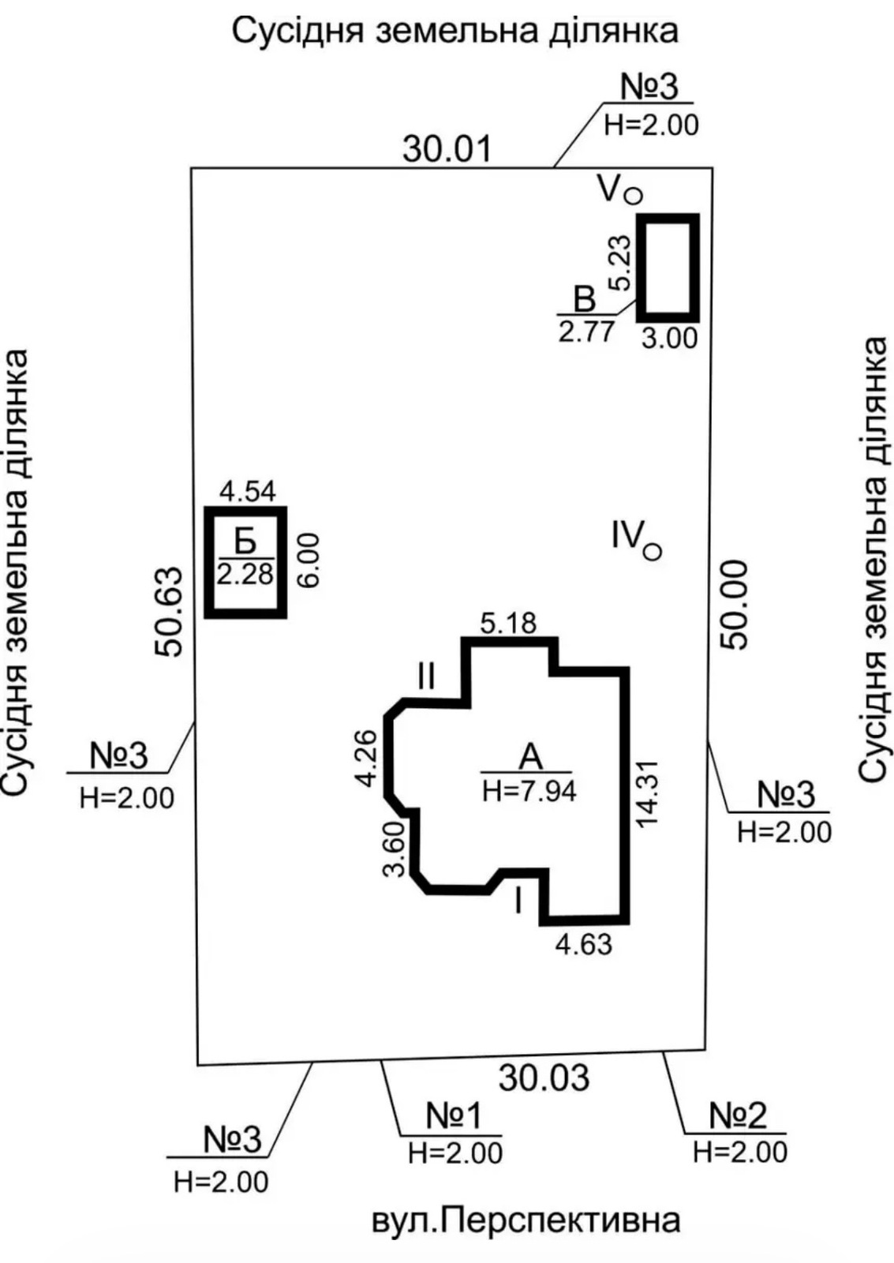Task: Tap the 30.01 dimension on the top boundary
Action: (447, 149)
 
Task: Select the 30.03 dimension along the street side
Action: (544, 1077)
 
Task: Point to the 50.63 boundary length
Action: (169, 611)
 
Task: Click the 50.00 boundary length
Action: (733, 605)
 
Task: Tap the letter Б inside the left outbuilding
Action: (245, 542)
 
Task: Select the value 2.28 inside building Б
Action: (245, 575)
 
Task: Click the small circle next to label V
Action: (634, 195)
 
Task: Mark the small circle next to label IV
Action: (653, 552)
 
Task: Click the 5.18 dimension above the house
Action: (508, 624)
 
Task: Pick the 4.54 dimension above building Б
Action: (248, 492)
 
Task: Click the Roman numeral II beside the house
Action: (426, 676)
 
